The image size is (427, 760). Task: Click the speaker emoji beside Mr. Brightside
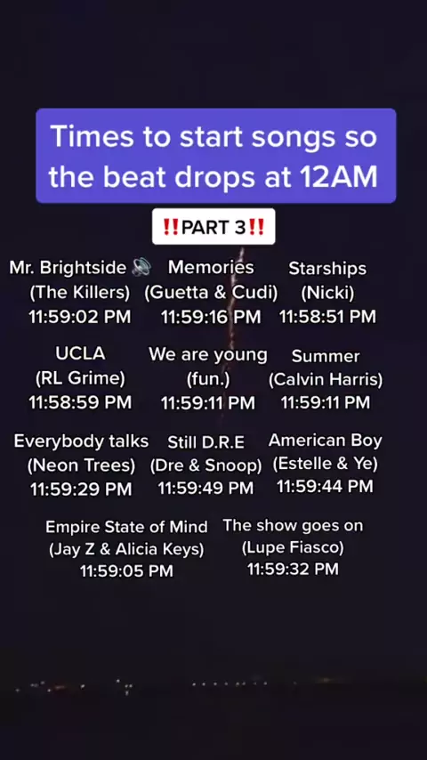click(x=141, y=267)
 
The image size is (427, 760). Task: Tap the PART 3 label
click(x=213, y=227)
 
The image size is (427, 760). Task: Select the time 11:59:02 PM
click(x=79, y=317)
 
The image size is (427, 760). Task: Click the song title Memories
click(x=211, y=267)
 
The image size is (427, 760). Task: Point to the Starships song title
click(x=327, y=269)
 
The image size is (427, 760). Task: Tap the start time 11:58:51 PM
click(x=327, y=317)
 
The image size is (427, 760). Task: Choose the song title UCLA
click(x=80, y=353)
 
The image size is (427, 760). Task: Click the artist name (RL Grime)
click(x=80, y=378)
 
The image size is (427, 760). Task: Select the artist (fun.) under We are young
click(x=208, y=379)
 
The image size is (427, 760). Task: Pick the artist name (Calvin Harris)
click(x=326, y=379)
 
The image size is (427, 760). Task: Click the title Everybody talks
click(x=81, y=441)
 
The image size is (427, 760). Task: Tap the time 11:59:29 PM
click(x=81, y=489)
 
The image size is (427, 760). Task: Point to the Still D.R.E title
click(x=206, y=442)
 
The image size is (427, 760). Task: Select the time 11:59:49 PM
click(x=205, y=488)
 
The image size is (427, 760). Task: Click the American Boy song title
click(x=326, y=441)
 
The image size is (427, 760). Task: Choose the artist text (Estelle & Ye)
click(x=326, y=464)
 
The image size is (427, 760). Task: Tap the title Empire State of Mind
click(x=126, y=527)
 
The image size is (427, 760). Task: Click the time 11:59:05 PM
click(x=126, y=571)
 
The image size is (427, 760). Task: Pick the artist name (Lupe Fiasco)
click(x=293, y=547)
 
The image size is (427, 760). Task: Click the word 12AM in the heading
click(x=338, y=177)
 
